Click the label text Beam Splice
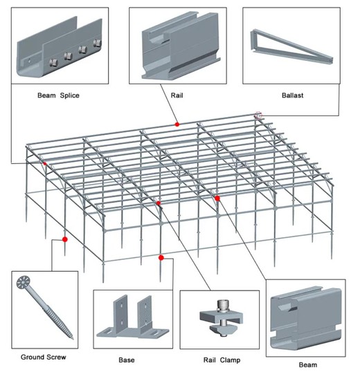(57, 95)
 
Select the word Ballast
(292, 95)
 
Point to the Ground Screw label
(43, 357)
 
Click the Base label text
(126, 360)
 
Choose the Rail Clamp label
(219, 360)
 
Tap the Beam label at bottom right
(308, 364)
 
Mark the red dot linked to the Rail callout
(177, 124)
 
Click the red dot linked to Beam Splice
(45, 164)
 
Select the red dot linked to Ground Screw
(65, 239)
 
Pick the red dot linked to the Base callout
(161, 258)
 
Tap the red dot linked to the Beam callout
(217, 198)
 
